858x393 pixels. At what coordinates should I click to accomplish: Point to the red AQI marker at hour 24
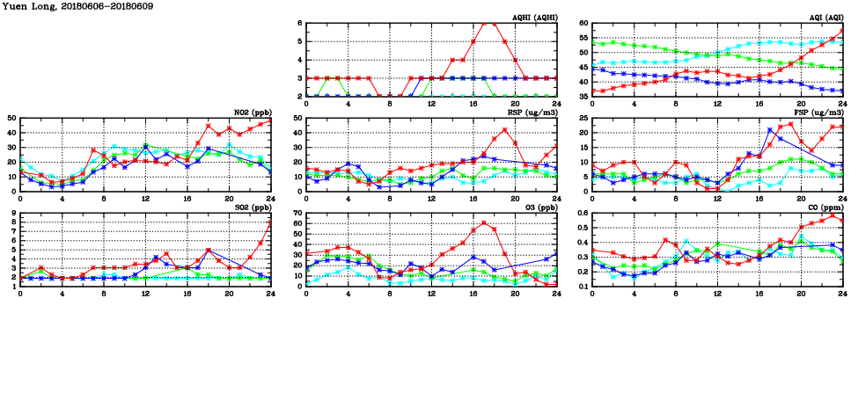tap(843, 32)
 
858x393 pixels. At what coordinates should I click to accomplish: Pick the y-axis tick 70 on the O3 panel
tap(296, 214)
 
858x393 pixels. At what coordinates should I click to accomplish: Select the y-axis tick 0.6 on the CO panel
tap(581, 214)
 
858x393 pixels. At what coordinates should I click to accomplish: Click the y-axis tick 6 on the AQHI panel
tap(299, 24)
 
